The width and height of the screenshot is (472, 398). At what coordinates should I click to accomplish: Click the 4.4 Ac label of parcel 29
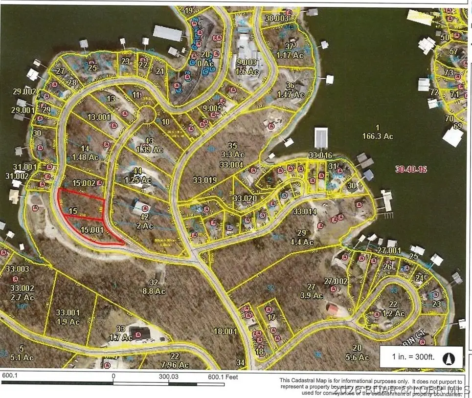[x=301, y=242]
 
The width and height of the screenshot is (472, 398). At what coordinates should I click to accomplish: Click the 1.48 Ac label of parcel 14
[x=85, y=157]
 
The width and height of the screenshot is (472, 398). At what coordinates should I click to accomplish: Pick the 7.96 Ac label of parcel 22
[x=175, y=364]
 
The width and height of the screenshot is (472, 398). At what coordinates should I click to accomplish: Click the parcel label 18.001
[x=225, y=331]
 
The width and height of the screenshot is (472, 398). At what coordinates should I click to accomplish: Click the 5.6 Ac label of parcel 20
[x=357, y=357]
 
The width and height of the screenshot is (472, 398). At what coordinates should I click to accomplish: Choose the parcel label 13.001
[x=99, y=117]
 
